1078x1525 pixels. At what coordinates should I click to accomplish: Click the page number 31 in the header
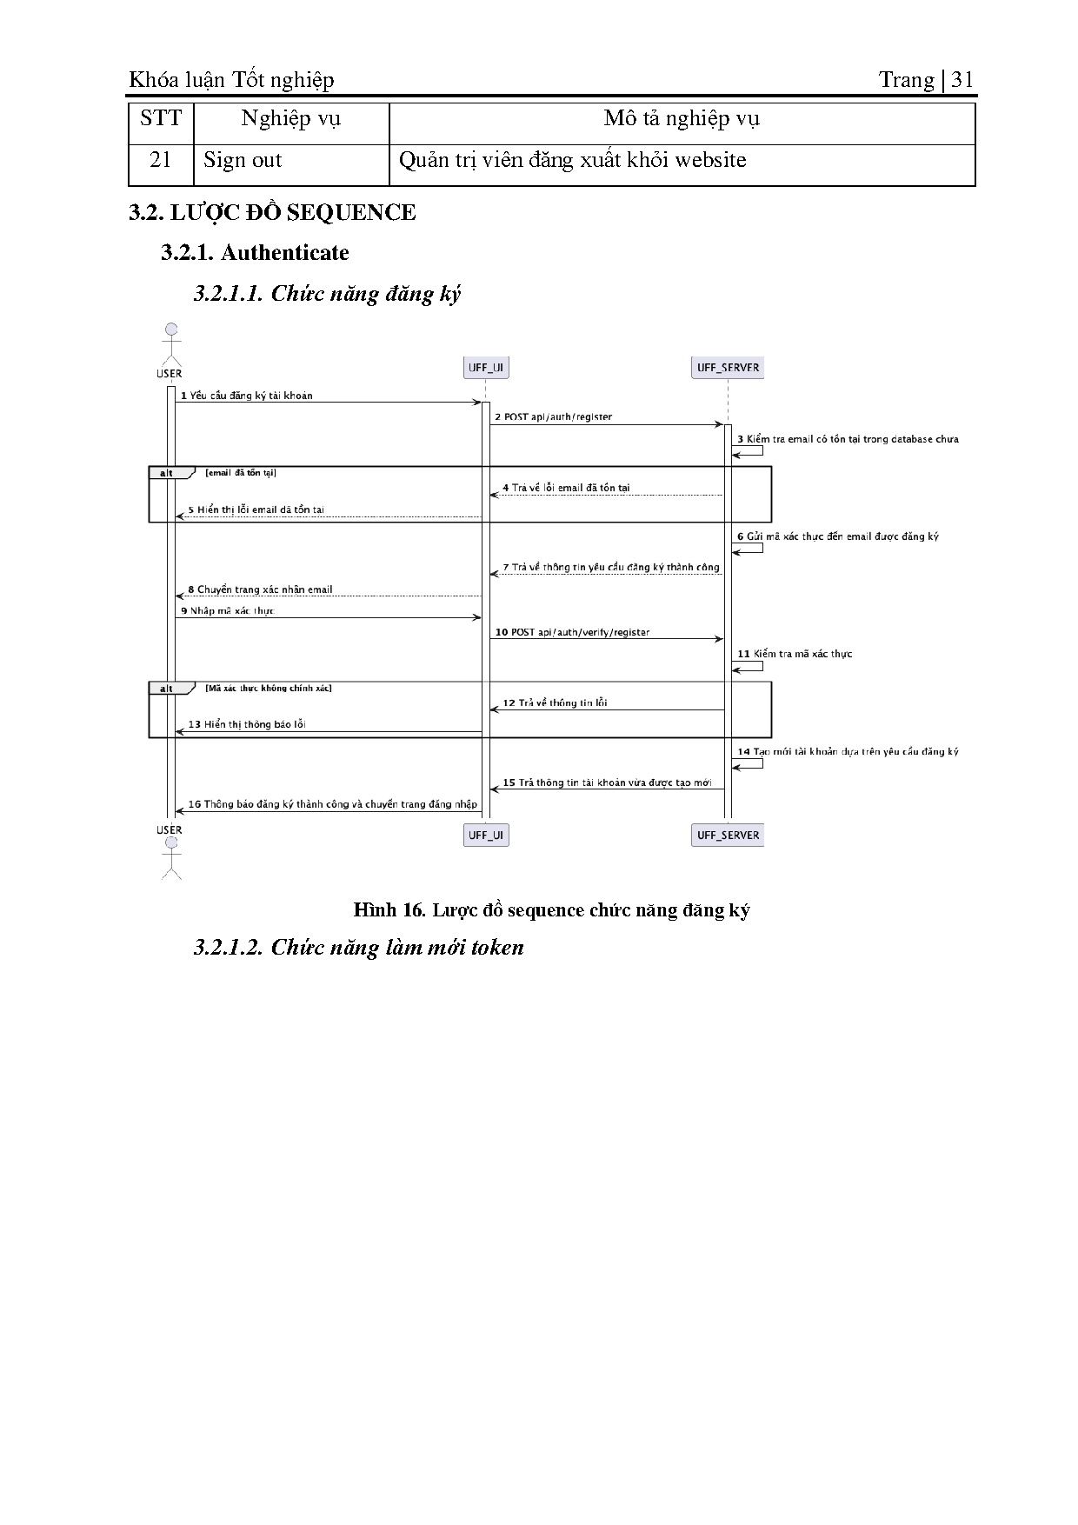click(x=962, y=80)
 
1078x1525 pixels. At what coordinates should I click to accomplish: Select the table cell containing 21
click(x=161, y=161)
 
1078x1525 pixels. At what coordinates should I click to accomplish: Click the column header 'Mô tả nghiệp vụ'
click(x=682, y=119)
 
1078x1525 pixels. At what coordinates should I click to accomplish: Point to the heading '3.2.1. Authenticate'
click(x=255, y=253)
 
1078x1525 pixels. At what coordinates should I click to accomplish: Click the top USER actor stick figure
click(x=170, y=344)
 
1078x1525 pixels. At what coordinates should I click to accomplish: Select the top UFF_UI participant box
click(x=486, y=368)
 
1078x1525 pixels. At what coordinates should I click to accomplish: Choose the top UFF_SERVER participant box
click(x=728, y=368)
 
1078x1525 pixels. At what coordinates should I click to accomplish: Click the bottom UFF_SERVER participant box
click(x=728, y=836)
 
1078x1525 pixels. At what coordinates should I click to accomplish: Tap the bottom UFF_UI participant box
click(x=486, y=836)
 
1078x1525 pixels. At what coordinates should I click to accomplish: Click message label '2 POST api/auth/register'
click(x=553, y=417)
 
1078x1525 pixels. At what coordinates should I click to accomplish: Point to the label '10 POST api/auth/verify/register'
click(x=572, y=633)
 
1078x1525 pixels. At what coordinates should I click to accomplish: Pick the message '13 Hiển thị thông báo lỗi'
click(x=247, y=724)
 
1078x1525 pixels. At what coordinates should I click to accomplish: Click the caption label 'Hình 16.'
click(x=389, y=910)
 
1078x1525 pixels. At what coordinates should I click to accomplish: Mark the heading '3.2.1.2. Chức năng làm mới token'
click(x=358, y=947)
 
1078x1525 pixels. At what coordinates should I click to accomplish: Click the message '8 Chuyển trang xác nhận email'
click(x=260, y=589)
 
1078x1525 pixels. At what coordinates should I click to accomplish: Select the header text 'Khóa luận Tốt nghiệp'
click(x=231, y=80)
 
